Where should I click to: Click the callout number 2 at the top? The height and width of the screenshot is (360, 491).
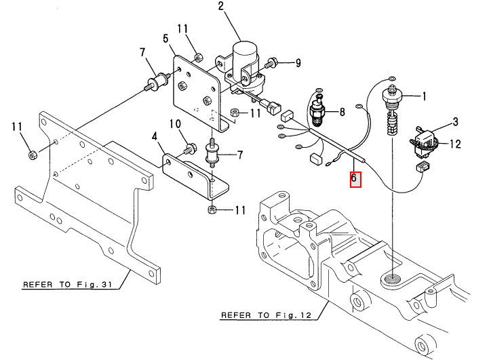click(221, 6)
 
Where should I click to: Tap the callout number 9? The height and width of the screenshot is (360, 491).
click(298, 63)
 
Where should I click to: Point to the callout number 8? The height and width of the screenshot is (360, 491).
click(342, 112)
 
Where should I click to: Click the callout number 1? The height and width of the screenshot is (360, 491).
click(425, 96)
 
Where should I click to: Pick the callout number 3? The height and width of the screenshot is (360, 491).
click(455, 121)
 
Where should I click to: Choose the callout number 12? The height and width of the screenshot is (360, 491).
click(455, 144)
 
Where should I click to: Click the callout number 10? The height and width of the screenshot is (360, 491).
click(176, 124)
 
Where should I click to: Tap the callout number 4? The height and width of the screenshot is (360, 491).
click(155, 136)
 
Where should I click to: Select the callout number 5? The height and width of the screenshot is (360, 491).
click(165, 39)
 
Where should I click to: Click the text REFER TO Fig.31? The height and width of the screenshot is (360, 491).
click(68, 285)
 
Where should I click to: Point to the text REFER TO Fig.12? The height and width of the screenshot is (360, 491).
click(266, 315)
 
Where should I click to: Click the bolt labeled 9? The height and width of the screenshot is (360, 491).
click(271, 64)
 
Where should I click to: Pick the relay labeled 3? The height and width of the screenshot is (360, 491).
click(425, 140)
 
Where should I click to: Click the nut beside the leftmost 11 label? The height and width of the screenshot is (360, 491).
click(32, 155)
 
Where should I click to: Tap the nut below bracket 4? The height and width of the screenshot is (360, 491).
click(212, 209)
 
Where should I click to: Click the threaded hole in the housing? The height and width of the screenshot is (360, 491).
click(392, 278)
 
